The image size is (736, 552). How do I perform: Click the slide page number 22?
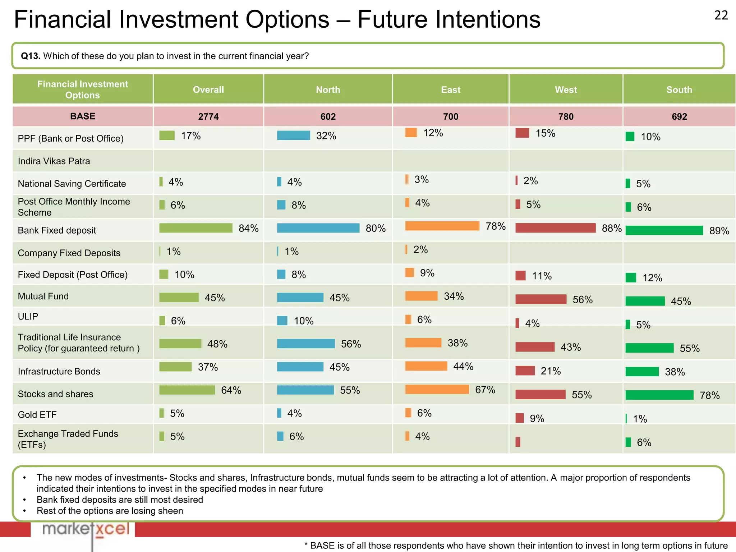point(721,15)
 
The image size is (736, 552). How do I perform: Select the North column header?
point(328,89)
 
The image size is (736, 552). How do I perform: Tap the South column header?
point(679,89)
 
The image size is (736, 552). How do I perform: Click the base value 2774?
point(208,116)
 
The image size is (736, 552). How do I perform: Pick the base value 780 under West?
point(566,116)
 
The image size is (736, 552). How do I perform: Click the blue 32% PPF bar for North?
point(293,135)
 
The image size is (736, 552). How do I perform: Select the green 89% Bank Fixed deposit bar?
point(664,230)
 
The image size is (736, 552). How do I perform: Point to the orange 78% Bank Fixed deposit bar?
point(442,226)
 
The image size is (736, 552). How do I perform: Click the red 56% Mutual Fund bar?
point(540,299)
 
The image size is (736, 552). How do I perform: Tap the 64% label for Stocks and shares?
point(231,390)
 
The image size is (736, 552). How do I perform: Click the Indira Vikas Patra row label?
point(54,161)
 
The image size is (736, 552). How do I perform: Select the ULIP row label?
point(28,317)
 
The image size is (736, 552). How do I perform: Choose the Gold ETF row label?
point(37,415)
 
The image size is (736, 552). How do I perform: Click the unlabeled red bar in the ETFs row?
point(517,442)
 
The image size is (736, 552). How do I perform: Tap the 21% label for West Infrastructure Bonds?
point(551,371)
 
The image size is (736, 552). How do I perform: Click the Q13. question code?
point(31,56)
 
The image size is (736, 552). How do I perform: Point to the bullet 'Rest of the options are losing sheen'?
point(110,511)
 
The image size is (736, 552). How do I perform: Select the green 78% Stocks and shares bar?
point(659,395)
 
